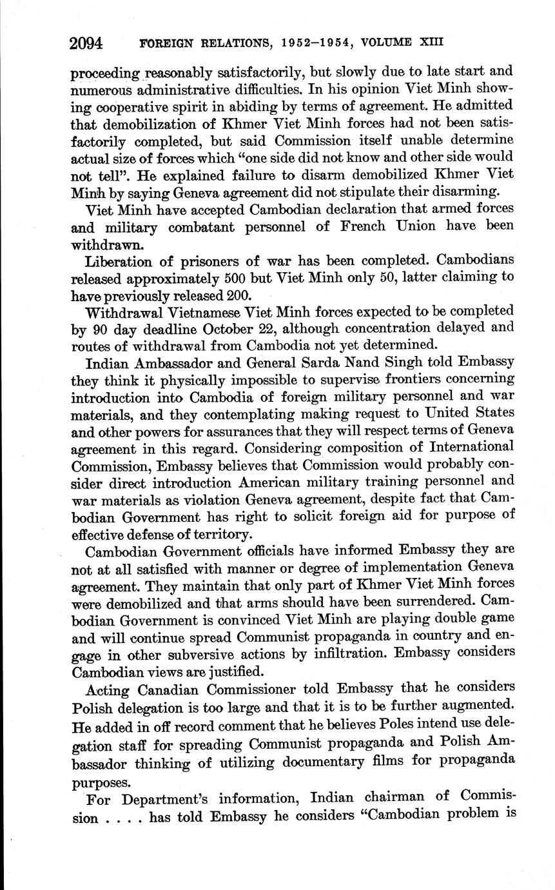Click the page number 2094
87,43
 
